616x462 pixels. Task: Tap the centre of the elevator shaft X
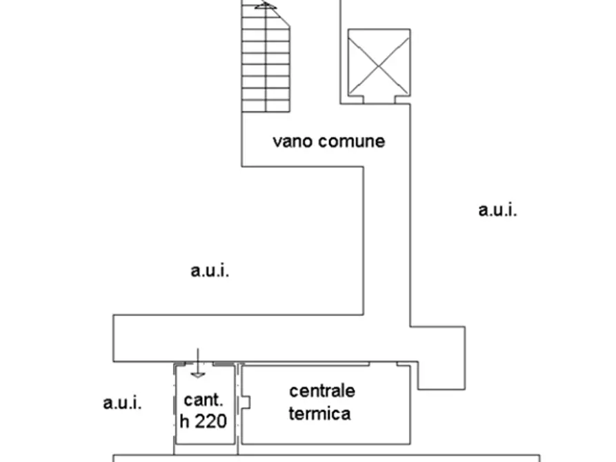pos(379,63)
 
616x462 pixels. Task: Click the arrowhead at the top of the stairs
pos(266,6)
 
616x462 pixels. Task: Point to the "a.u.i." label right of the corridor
pos(497,210)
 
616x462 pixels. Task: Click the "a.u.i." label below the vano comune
pos(210,270)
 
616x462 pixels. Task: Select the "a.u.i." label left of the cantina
pos(122,403)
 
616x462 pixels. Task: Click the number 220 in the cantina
pos(211,421)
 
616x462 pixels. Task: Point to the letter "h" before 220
pos(186,421)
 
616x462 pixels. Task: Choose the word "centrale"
pos(321,391)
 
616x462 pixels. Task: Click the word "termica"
pos(319,414)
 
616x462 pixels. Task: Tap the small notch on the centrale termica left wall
pos(245,401)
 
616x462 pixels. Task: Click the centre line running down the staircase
pos(266,62)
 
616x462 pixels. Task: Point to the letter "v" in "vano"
pos(277,142)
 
